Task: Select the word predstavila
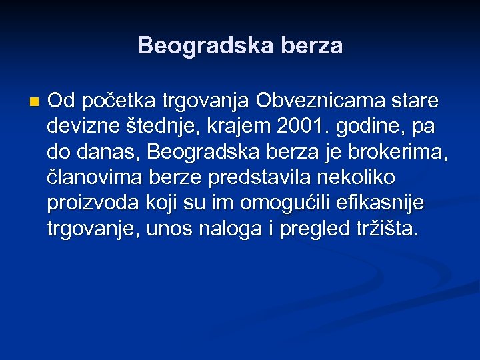pyautogui.click(x=258, y=178)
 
